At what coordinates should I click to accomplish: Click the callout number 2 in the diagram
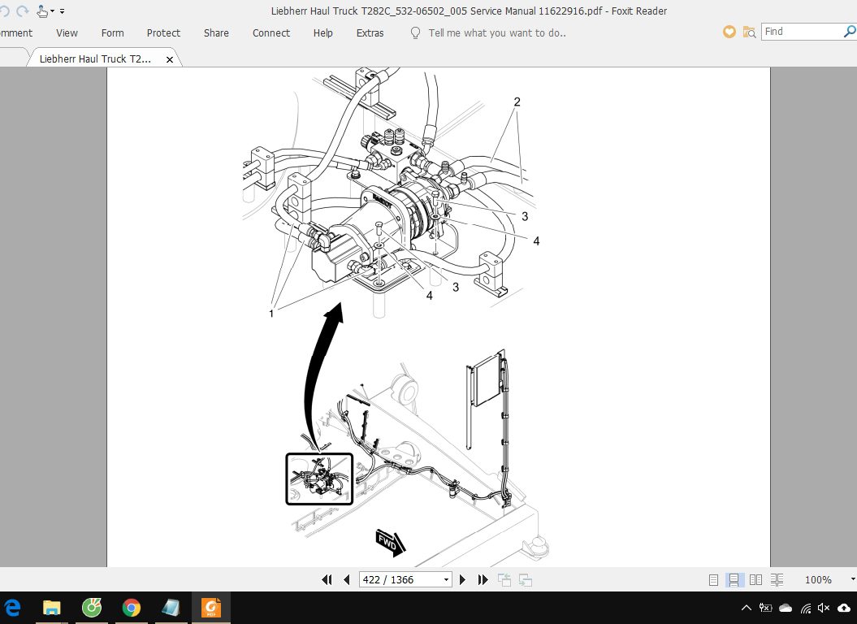coord(517,102)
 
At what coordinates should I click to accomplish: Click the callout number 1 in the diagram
coord(271,314)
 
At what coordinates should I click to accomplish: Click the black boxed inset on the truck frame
coord(319,479)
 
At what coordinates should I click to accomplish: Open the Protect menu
coord(163,33)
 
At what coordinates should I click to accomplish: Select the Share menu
coord(216,33)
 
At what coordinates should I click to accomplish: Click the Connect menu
coord(271,33)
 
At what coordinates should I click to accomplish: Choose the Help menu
coord(322,33)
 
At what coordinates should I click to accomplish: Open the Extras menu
coord(370,33)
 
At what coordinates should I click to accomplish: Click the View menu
coord(67,33)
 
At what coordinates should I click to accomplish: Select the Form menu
coord(112,33)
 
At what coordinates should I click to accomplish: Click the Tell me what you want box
coord(496,33)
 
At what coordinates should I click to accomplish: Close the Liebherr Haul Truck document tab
coord(170,59)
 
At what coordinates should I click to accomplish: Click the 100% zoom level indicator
coord(818,579)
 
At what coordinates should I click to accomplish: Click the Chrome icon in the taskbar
coord(131,608)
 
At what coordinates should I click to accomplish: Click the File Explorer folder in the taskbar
coord(52,608)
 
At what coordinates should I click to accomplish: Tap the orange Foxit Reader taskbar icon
coord(210,608)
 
